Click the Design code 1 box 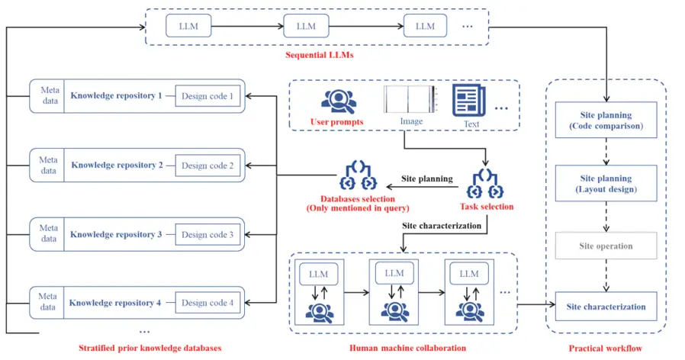click(208, 96)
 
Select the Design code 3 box click(207, 234)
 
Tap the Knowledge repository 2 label click(117, 165)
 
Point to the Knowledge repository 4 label click(116, 303)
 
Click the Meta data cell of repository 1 click(49, 96)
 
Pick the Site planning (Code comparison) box click(605, 120)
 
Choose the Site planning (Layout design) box click(605, 184)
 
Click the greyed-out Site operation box click(605, 246)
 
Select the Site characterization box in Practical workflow click(605, 307)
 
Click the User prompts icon click(336, 101)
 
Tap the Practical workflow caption click(606, 348)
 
